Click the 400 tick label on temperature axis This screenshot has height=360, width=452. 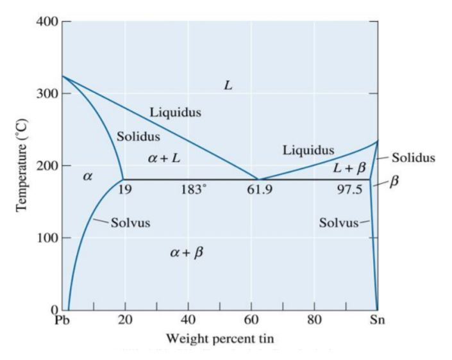[48, 22]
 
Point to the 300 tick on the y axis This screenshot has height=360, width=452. [48, 94]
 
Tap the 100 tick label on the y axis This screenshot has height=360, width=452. [48, 238]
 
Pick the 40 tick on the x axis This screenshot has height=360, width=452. [188, 320]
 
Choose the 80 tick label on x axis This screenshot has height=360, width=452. [314, 320]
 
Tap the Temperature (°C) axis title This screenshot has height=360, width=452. [21, 165]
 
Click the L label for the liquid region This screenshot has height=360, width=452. [228, 85]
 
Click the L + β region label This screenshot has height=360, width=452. [349, 168]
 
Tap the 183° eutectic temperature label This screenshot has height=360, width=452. [193, 190]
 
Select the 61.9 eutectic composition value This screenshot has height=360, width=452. [260, 190]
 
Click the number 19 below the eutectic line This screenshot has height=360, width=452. [126, 190]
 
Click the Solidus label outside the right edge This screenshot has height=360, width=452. [414, 157]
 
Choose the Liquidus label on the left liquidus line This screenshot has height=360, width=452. [175, 113]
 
